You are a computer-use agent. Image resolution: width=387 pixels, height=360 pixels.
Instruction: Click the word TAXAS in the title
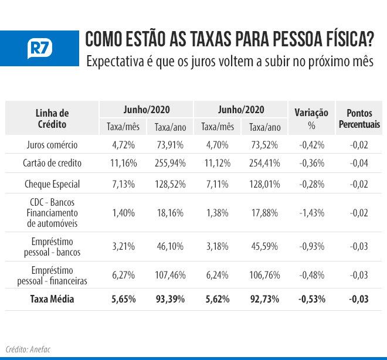pos(193,40)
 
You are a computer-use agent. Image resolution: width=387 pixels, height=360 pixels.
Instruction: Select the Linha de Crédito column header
pos(52,118)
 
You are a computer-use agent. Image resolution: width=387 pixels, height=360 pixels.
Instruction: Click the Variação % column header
pos(311,118)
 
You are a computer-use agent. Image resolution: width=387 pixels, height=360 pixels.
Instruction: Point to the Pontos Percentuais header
pos(359,118)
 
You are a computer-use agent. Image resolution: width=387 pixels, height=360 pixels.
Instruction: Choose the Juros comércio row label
pos(52,144)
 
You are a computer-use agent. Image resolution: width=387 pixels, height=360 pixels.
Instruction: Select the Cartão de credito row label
pos(52,163)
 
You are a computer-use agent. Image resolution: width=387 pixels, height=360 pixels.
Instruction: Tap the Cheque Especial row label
pos(52,184)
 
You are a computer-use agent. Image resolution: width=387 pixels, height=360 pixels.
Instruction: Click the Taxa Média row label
pos(52,299)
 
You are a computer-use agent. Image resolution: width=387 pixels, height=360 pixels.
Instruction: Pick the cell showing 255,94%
pos(170,163)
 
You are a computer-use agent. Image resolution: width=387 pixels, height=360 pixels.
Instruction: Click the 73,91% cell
pos(170,144)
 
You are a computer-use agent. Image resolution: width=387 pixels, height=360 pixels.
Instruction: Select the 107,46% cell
pos(170,276)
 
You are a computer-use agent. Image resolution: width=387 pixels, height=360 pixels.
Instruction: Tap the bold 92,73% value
pos(264,299)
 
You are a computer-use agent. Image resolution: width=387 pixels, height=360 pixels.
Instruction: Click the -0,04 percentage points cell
pos(359,163)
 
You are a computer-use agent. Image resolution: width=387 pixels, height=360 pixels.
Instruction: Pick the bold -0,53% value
pos(311,299)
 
